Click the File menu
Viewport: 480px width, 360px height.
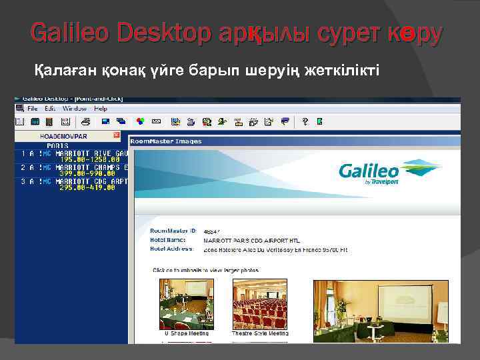click(32, 109)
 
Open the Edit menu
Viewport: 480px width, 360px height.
click(49, 109)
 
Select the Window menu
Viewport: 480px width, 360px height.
click(74, 109)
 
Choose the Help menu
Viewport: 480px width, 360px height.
click(101, 109)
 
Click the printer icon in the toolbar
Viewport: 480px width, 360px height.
click(85, 122)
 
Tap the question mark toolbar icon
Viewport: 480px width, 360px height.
click(305, 122)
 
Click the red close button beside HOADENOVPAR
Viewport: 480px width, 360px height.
click(116, 135)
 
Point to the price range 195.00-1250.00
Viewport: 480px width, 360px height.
click(90, 160)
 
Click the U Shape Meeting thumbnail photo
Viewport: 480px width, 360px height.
click(186, 304)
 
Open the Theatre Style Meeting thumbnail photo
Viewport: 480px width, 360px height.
click(259, 304)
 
